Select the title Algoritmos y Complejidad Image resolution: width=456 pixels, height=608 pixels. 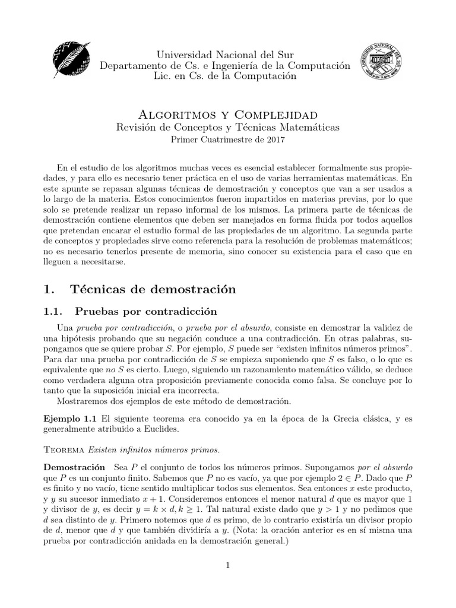point(227,114)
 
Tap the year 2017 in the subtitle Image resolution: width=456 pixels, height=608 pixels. point(274,140)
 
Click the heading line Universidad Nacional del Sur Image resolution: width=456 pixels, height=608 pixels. point(225,55)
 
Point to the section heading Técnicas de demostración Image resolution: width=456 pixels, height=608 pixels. point(153,289)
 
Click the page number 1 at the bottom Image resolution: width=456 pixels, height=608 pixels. point(227,565)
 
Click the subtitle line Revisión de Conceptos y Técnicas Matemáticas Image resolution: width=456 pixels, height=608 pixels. point(227,127)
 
